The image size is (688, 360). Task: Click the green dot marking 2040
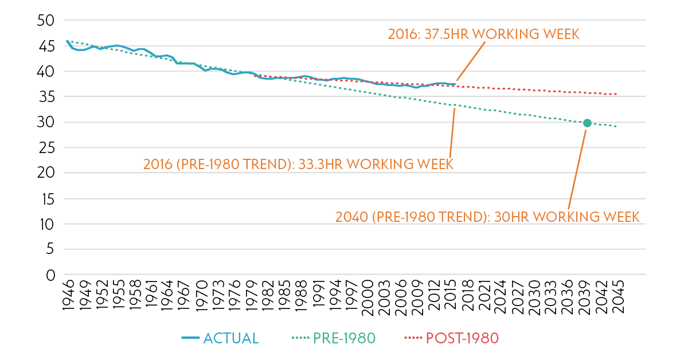pyautogui.click(x=587, y=123)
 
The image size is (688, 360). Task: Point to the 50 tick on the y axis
pyautogui.click(x=45, y=21)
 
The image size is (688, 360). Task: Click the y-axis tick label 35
pyautogui.click(x=45, y=97)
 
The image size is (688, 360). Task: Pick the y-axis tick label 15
pyautogui.click(x=45, y=199)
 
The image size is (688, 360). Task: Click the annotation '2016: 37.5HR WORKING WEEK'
pyautogui.click(x=483, y=34)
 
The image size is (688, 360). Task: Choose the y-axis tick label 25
pyautogui.click(x=45, y=148)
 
